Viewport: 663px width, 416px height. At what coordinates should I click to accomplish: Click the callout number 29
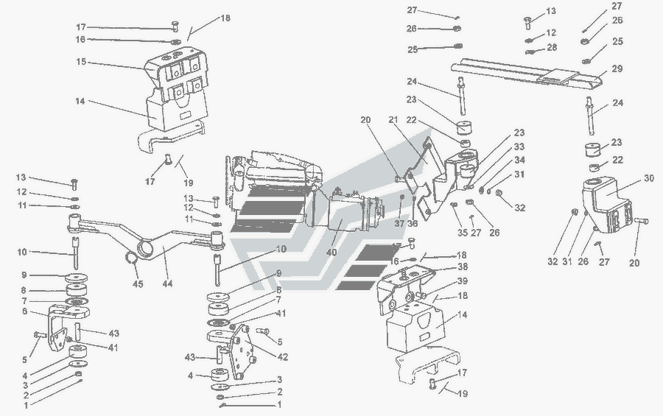[x=617, y=68]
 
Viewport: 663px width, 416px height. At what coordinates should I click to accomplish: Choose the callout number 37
[x=399, y=223]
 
